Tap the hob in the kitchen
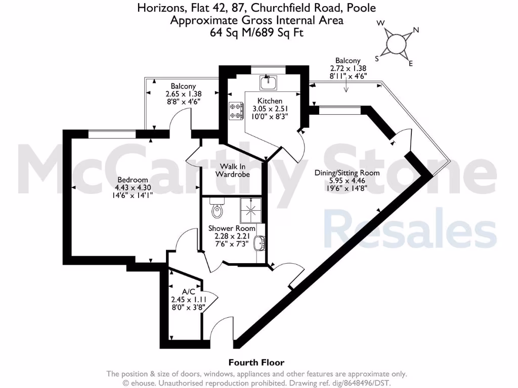tap(236, 111)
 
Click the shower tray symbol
tap(251, 210)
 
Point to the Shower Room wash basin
tap(260, 244)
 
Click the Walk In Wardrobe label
tap(232, 170)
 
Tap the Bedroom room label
tap(133, 180)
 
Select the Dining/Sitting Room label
tap(347, 173)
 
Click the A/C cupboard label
tap(189, 292)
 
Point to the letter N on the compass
tap(416, 30)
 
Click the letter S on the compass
tap(377, 58)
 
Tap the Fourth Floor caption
tap(256, 362)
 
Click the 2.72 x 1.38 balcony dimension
tap(348, 68)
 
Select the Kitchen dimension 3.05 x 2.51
tap(270, 109)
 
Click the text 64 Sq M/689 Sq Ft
tap(256, 32)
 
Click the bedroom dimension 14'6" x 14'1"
tap(133, 195)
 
